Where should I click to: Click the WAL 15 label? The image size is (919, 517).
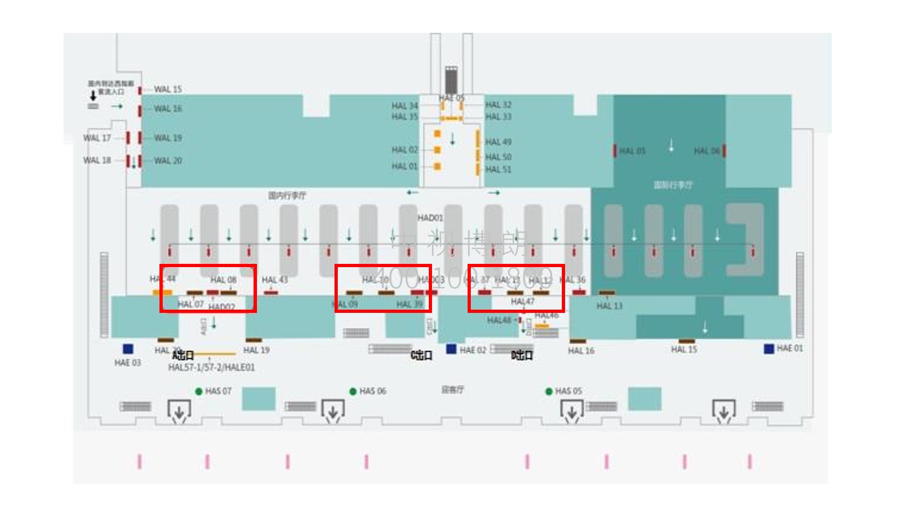pos(168,89)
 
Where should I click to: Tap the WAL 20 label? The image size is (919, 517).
pos(168,160)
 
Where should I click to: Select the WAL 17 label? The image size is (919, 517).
pos(97,138)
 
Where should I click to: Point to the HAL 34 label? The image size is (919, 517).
pos(405,106)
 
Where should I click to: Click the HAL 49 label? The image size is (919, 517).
pos(498,142)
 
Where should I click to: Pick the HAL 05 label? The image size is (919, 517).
pos(632,151)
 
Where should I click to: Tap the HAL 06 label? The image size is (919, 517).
pos(706,151)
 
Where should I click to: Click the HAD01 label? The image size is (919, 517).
pos(430,218)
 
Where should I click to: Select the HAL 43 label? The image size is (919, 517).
pos(275,280)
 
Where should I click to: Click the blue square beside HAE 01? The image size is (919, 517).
pos(769,349)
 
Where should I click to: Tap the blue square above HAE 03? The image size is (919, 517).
pos(128,349)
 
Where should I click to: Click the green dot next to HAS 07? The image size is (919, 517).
pos(199,392)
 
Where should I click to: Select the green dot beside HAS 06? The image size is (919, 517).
pos(353,392)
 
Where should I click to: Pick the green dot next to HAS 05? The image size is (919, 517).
pos(548,392)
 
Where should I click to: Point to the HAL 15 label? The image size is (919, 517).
pos(684,350)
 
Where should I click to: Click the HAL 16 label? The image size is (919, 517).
pos(581,351)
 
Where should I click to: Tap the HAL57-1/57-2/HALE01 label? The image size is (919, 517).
pos(211,367)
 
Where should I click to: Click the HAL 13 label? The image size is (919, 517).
pos(609,306)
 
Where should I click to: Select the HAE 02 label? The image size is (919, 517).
pos(472,350)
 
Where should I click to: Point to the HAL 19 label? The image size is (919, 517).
pos(256,350)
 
